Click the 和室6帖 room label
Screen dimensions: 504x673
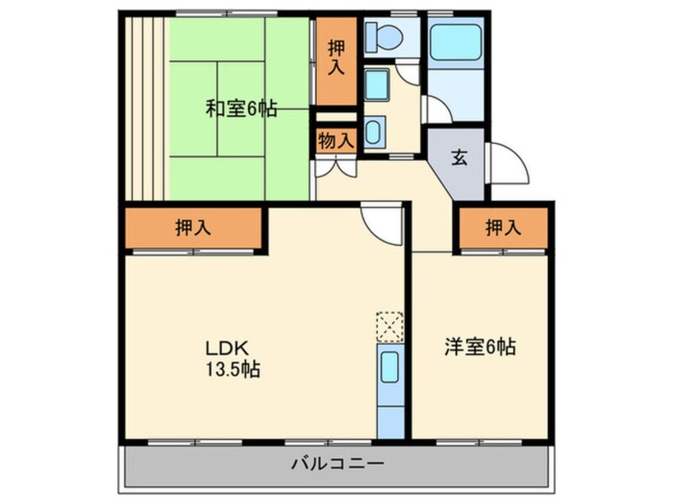pos(241,110)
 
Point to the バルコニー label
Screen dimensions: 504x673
pos(337,463)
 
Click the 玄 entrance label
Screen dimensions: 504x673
pos(459,157)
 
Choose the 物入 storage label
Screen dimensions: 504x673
pos(335,142)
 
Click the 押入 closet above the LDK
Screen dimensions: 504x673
pos(193,228)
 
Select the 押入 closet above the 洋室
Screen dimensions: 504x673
pos(503,228)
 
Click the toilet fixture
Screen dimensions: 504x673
pos(383,35)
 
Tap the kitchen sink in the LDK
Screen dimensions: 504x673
pos(390,369)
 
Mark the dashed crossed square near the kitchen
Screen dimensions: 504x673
pos(390,326)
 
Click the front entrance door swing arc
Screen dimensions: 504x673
pos(508,164)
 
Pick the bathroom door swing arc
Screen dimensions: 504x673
pos(438,110)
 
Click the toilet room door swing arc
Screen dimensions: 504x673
pos(407,73)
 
